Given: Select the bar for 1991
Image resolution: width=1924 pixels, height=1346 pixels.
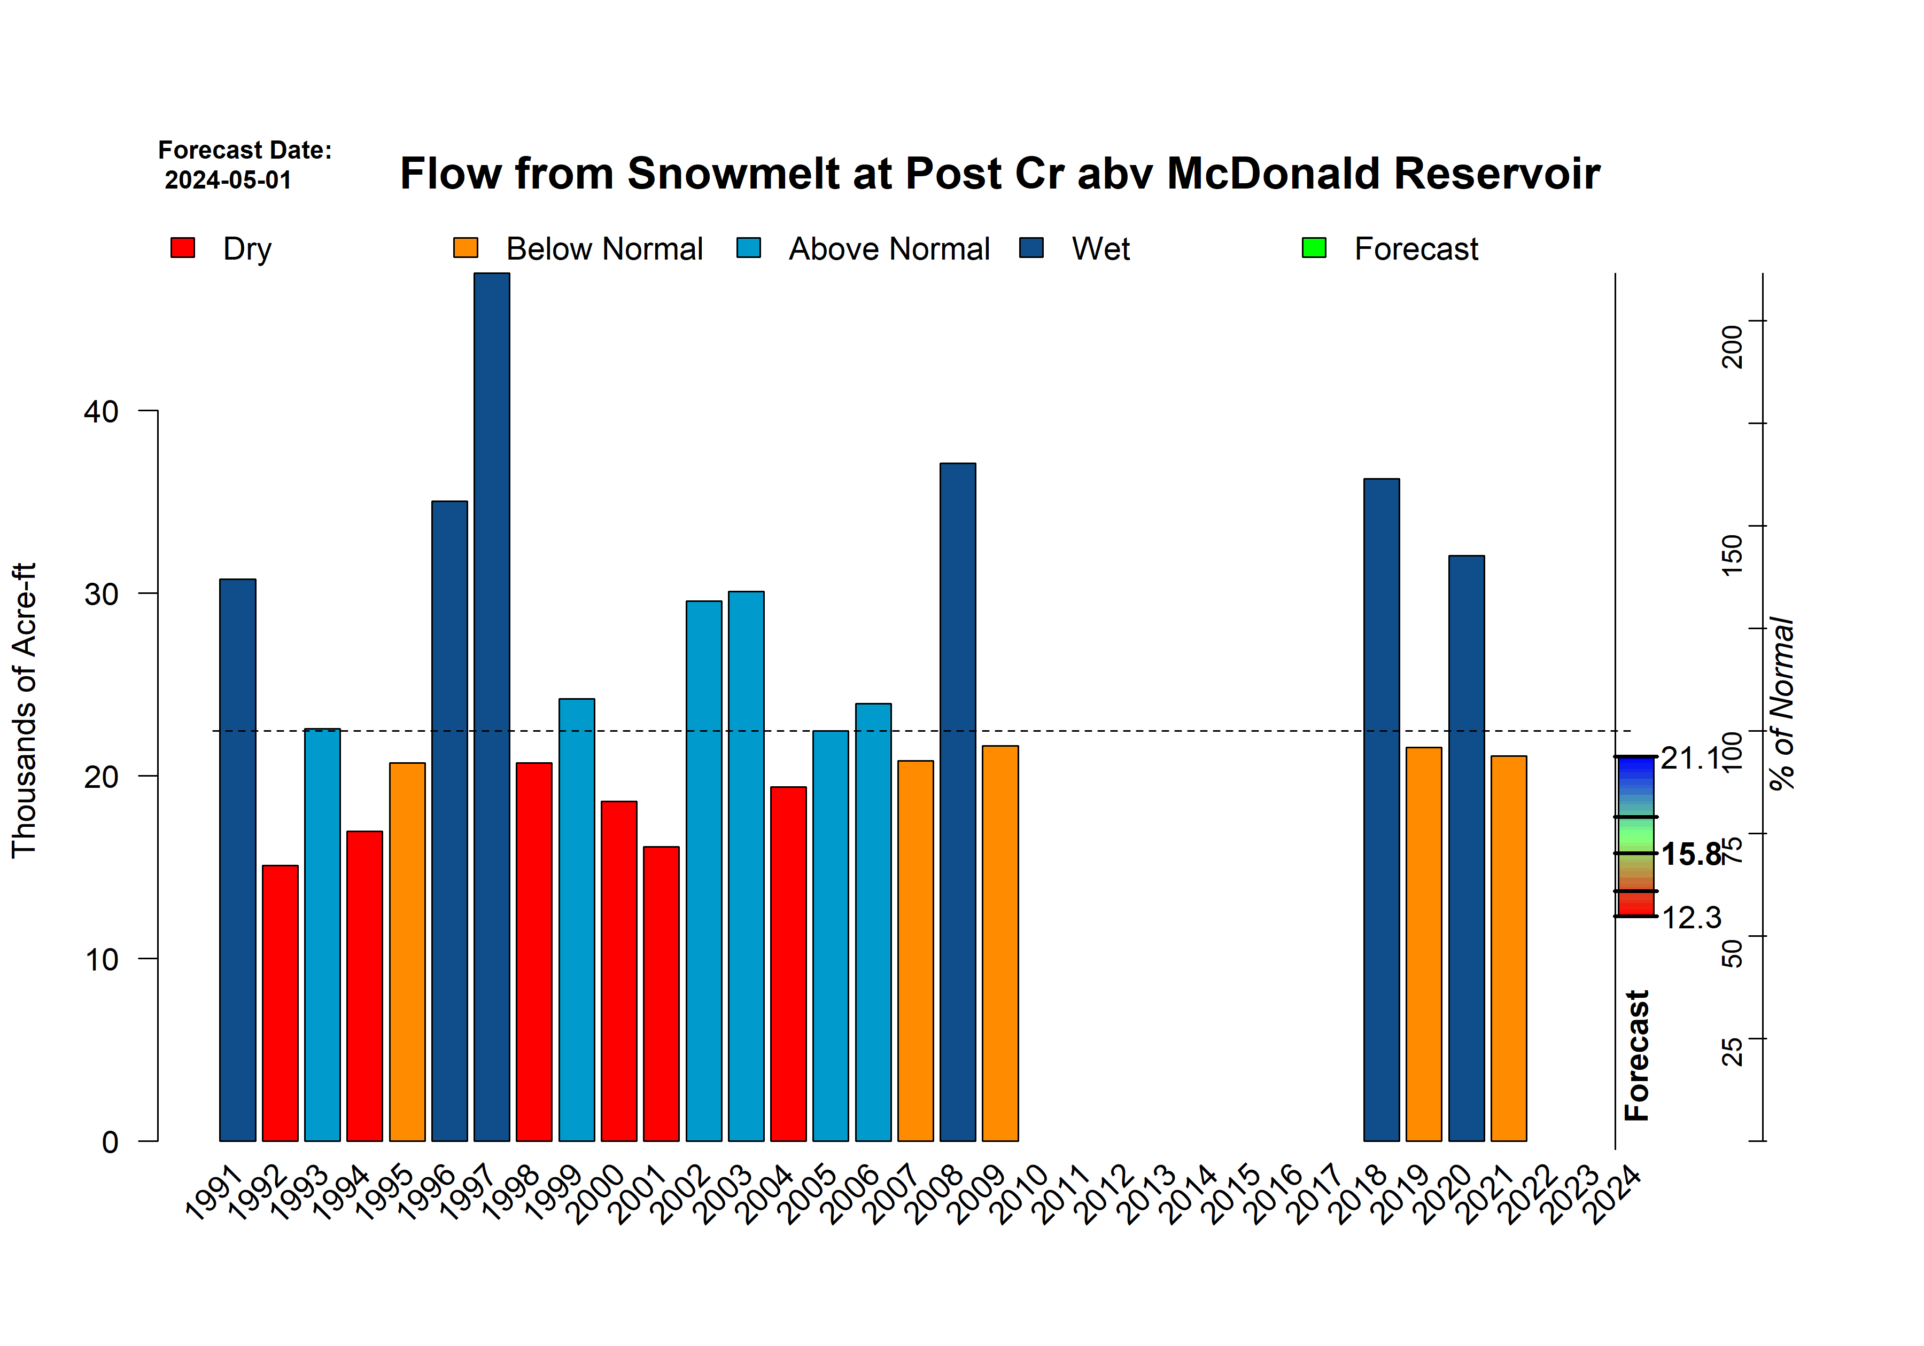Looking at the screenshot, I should tap(237, 859).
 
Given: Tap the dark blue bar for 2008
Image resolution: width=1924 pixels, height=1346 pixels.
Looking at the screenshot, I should tap(957, 802).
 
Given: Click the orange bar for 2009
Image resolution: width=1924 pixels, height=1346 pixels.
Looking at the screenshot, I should tap(1000, 943).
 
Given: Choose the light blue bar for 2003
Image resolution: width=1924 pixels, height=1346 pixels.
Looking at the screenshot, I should tap(746, 866).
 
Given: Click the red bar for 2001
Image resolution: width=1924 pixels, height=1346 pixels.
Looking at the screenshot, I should tap(661, 993).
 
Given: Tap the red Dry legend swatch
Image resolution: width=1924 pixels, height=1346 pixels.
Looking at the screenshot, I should tap(183, 248).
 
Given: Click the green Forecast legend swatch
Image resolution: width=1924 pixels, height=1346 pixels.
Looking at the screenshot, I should tap(1314, 248).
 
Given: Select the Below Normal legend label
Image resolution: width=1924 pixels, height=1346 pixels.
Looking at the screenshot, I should tap(604, 249).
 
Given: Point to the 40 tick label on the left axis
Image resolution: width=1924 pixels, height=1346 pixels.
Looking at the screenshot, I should tap(102, 411).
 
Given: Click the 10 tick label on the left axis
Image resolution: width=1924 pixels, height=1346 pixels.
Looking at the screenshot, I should tap(102, 959).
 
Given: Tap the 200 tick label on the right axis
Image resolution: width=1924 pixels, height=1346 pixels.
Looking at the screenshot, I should tap(1731, 346).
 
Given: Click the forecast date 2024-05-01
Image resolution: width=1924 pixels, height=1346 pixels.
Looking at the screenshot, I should tap(228, 180).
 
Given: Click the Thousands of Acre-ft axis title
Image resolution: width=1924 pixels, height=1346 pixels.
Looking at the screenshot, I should tap(24, 710).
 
